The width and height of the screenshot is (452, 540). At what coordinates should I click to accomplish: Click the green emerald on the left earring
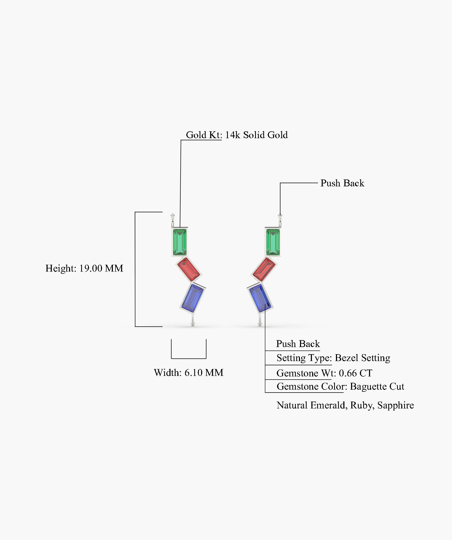pyautogui.click(x=179, y=242)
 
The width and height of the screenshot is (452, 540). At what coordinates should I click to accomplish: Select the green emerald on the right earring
pyautogui.click(x=273, y=242)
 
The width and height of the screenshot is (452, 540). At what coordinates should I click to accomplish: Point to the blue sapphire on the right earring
pyautogui.click(x=260, y=297)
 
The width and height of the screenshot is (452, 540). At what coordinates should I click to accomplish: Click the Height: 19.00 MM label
pyautogui.click(x=84, y=268)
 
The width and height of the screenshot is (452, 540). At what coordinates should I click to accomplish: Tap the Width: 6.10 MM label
pyautogui.click(x=189, y=373)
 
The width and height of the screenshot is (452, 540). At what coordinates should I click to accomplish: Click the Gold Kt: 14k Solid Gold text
pyautogui.click(x=237, y=135)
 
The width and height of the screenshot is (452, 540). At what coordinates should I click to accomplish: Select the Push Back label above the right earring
pyautogui.click(x=342, y=183)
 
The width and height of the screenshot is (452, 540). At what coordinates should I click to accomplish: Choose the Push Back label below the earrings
pyautogui.click(x=298, y=344)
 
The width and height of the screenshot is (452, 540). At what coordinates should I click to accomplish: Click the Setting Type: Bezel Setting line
pyautogui.click(x=333, y=358)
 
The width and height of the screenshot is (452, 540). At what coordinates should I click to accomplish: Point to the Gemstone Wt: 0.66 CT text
pyautogui.click(x=324, y=373)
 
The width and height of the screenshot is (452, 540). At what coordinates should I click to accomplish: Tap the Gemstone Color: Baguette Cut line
pyautogui.click(x=340, y=387)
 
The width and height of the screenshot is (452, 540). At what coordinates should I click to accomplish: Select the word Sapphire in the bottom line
pyautogui.click(x=395, y=405)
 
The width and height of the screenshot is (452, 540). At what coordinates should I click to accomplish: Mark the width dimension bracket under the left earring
pyautogui.click(x=189, y=358)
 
